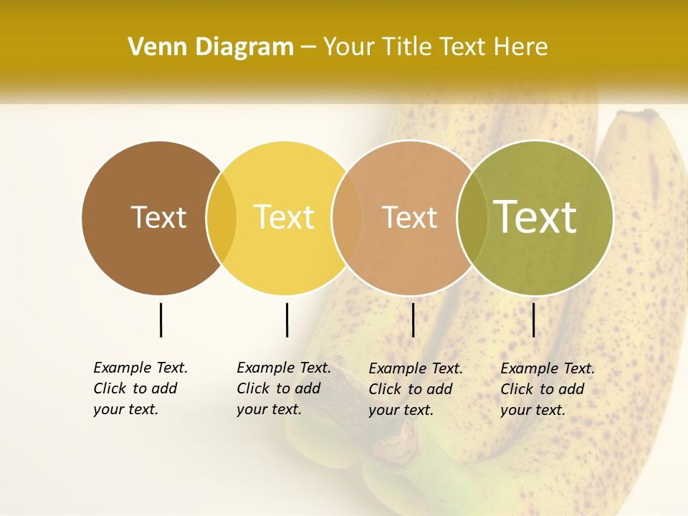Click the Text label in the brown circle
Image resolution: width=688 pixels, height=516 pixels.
coord(158,217)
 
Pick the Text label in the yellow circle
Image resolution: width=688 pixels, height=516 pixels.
coord(284,217)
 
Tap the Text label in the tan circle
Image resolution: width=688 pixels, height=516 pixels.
coord(409,218)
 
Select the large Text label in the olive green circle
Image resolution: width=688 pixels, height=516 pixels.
coord(535,216)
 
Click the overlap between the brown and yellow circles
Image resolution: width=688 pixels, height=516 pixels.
coord(221,218)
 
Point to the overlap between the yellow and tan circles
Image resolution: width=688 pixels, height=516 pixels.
coord(347,218)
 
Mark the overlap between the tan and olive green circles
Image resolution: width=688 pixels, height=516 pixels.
coord(472,218)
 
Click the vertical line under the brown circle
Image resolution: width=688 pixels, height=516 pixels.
coord(161,320)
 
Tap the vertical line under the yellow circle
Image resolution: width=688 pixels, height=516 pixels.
coord(287,320)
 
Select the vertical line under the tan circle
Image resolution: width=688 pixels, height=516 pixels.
coord(414,320)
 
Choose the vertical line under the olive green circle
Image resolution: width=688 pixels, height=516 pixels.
coord(534,320)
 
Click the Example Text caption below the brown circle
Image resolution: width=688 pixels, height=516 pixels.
coord(140,388)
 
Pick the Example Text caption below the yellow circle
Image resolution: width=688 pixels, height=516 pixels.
coord(284,388)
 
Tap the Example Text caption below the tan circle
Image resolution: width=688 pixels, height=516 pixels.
coord(416,389)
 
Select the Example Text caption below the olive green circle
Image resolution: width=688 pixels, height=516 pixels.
coord(548,389)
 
